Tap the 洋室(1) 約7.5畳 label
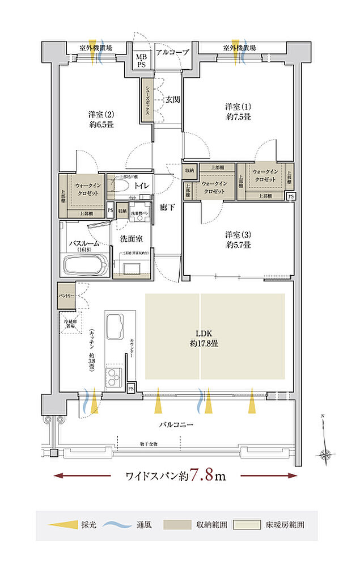(x=238, y=111)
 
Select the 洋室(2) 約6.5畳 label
(x=100, y=119)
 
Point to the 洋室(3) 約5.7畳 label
(x=238, y=239)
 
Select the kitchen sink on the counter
(x=116, y=325)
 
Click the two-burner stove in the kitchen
(x=114, y=376)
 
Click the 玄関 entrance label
(x=173, y=99)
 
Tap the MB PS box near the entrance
(x=140, y=60)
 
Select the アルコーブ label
(x=172, y=51)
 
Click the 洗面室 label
(x=131, y=239)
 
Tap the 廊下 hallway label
(x=167, y=207)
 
